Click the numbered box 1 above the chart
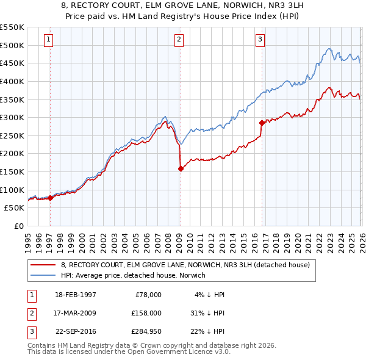[48, 40]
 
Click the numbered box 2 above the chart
[179, 40]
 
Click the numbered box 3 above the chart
[260, 40]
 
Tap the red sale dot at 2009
[181, 169]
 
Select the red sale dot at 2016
[262, 123]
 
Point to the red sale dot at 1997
[50, 198]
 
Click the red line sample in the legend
[44, 265]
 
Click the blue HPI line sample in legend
[44, 275]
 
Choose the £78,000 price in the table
[148, 294]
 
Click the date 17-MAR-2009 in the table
[76, 313]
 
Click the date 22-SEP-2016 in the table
[76, 332]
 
